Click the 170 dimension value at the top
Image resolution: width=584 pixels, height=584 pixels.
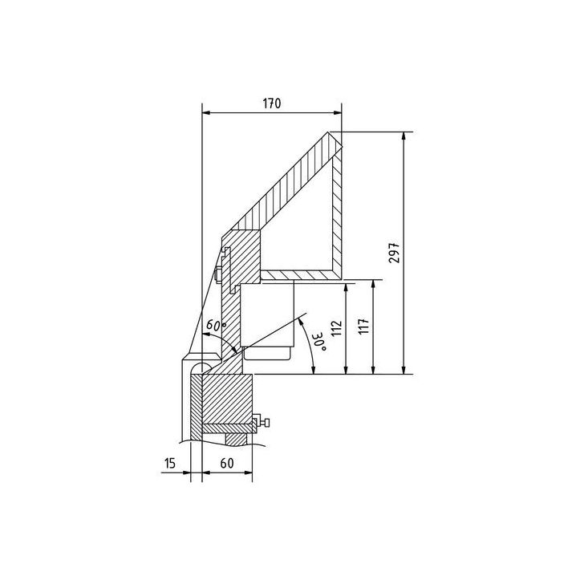point(270,103)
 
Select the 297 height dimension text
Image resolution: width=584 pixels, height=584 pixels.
point(416,253)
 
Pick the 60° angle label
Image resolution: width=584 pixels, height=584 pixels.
point(213,326)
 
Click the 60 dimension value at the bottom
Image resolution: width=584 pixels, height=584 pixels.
point(227,463)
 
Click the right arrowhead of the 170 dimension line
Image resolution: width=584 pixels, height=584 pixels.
point(338,113)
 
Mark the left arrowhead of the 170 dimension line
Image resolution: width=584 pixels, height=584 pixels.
point(205,113)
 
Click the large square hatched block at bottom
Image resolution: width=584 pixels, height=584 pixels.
point(229,399)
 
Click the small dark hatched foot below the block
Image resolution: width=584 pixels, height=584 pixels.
point(237,437)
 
